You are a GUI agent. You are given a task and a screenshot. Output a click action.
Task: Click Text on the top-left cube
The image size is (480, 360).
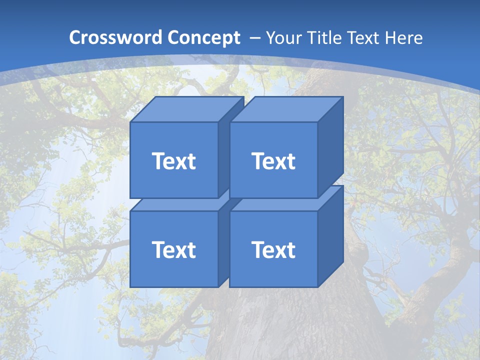click(x=173, y=161)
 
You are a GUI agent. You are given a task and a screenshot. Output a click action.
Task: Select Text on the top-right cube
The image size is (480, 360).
click(x=273, y=161)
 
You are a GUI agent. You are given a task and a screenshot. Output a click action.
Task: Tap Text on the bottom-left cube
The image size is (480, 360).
click(x=173, y=249)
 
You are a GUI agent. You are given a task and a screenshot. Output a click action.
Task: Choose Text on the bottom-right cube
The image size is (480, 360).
click(x=273, y=249)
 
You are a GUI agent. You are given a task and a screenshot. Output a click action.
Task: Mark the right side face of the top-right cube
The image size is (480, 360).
click(x=330, y=145)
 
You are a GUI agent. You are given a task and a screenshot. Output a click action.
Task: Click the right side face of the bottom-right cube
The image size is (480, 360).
click(x=330, y=235)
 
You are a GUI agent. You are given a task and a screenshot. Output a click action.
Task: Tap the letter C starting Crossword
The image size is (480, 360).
click(x=75, y=38)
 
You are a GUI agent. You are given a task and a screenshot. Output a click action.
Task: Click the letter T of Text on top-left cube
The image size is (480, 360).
click(x=158, y=161)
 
